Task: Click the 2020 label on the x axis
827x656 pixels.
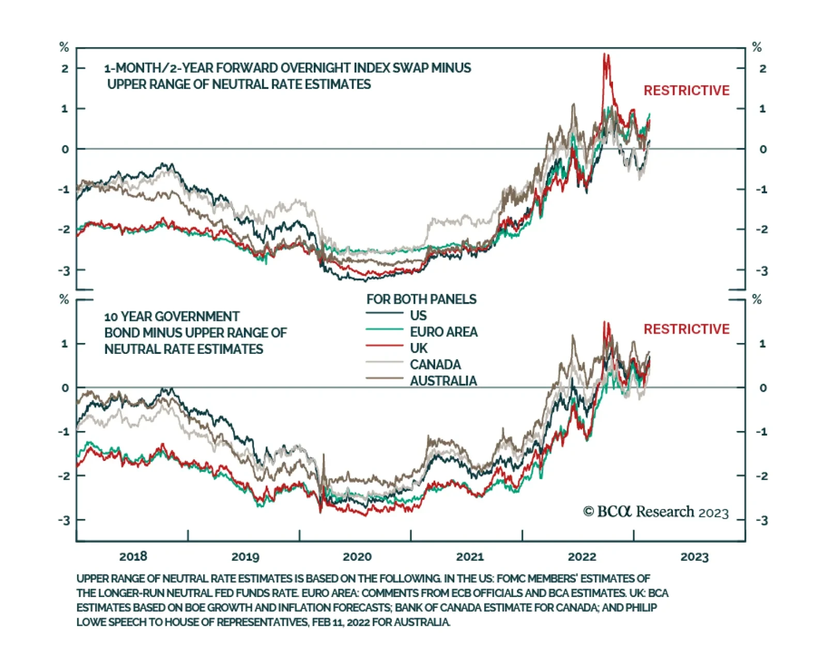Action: point(357,557)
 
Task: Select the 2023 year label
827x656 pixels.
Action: point(694,557)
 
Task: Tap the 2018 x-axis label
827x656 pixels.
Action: point(133,557)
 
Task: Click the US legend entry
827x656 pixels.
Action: point(418,316)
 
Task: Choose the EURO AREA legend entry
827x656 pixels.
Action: point(443,332)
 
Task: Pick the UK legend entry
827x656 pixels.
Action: point(419,348)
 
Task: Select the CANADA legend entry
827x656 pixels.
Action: point(435,364)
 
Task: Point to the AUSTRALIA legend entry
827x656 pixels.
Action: point(443,381)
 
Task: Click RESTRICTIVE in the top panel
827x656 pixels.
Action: point(686,91)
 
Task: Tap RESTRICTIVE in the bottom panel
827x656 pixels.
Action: point(686,329)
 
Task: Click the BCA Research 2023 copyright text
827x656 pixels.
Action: point(655,512)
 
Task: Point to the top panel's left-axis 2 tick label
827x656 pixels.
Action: point(65,68)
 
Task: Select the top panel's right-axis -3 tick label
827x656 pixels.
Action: point(761,271)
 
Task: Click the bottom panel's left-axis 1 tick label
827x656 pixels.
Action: point(65,344)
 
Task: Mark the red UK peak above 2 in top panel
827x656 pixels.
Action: point(605,56)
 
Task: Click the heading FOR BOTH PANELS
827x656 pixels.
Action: point(421,299)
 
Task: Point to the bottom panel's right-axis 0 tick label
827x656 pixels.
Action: point(763,388)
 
